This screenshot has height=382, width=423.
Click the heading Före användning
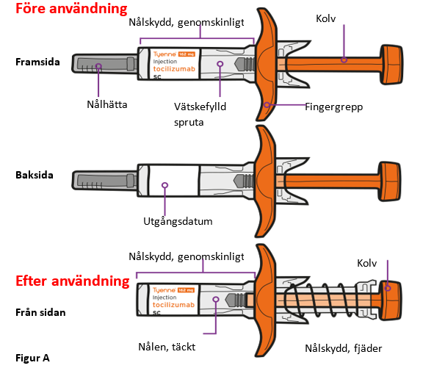pyautogui.click(x=71, y=8)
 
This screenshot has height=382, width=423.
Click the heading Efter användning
pyautogui.click(x=73, y=281)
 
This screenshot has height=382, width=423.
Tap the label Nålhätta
pyautogui.click(x=106, y=104)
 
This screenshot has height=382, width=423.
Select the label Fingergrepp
pyautogui.click(x=334, y=107)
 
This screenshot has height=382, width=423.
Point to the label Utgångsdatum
pyautogui.click(x=178, y=221)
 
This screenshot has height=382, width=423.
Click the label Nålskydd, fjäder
pyautogui.click(x=344, y=348)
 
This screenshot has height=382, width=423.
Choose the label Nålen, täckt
pyautogui.click(x=167, y=347)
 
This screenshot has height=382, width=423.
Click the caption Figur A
pyautogui.click(x=32, y=358)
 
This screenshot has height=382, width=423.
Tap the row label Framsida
pyautogui.click(x=37, y=62)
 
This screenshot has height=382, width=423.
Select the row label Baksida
pyautogui.click(x=35, y=175)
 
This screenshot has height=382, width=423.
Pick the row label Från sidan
pyautogui.click(x=40, y=312)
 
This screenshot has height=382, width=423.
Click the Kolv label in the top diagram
pyautogui.click(x=326, y=18)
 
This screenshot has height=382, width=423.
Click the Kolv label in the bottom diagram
pyautogui.click(x=367, y=263)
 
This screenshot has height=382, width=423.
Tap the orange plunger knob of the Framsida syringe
pyautogui.click(x=391, y=65)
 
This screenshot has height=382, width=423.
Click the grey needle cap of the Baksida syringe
pyautogui.click(x=105, y=181)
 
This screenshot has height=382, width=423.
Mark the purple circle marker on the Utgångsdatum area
pyautogui.click(x=164, y=185)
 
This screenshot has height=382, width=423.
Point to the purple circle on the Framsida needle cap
pyautogui.click(x=98, y=66)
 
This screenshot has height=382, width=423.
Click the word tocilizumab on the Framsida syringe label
pyautogui.click(x=174, y=69)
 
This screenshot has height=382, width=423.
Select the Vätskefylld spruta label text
pyautogui.click(x=200, y=115)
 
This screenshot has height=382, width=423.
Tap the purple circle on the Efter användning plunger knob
pyautogui.click(x=388, y=288)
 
